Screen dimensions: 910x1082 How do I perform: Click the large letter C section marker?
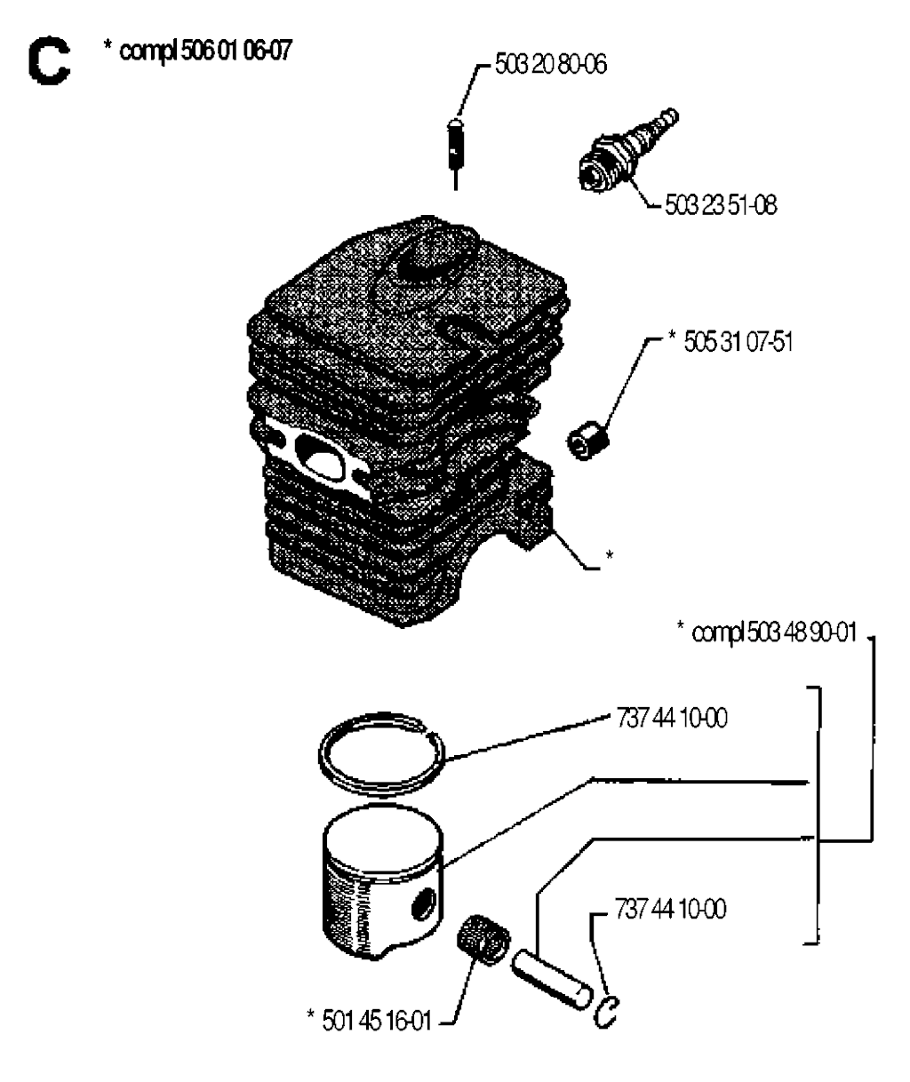(49, 61)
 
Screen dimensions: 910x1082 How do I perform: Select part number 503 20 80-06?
(551, 65)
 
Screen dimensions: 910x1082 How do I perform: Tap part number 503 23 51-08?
(721, 206)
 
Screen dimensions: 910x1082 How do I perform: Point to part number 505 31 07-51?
(738, 342)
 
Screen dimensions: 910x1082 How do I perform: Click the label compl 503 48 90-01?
(774, 633)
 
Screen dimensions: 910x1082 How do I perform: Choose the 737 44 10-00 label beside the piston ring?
(672, 719)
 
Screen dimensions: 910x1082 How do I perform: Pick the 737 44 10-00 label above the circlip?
(670, 909)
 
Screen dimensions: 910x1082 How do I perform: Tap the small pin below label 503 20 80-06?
(456, 154)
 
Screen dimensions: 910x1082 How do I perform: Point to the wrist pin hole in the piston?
(424, 904)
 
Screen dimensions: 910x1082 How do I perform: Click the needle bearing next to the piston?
(483, 941)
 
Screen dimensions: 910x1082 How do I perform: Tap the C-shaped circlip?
(605, 1012)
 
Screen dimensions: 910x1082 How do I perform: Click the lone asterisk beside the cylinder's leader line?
(610, 555)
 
